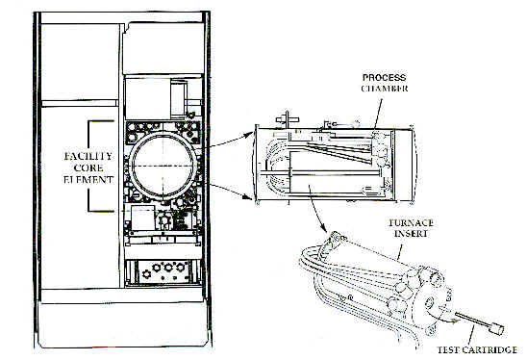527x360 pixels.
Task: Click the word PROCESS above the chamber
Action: click(x=382, y=76)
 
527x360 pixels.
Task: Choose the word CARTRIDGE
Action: click(x=488, y=350)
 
